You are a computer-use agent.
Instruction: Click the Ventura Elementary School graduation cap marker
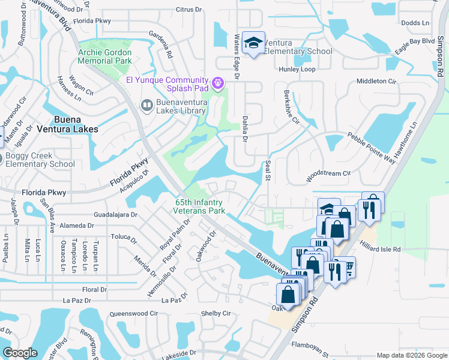pos(254,43)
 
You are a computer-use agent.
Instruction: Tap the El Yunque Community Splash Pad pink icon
pos(217,82)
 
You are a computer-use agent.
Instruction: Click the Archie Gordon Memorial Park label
pos(104,56)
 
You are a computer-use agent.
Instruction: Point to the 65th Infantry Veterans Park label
pos(199,207)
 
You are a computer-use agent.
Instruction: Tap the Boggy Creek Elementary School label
pos(40,160)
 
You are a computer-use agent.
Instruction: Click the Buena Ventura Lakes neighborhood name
pos(76,124)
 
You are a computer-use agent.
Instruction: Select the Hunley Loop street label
pos(297,70)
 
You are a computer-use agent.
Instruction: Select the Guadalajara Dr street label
pos(116,214)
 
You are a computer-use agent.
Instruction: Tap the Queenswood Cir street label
pos(133,313)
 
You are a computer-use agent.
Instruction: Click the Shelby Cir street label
pos(215,313)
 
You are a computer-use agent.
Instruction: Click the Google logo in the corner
pos(20,353)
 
